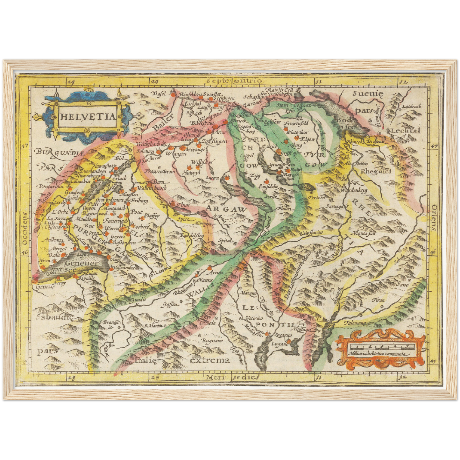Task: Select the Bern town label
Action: (x=158, y=182)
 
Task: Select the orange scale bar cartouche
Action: (x=381, y=349)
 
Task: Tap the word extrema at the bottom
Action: (x=210, y=360)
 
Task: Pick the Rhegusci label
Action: (x=376, y=172)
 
